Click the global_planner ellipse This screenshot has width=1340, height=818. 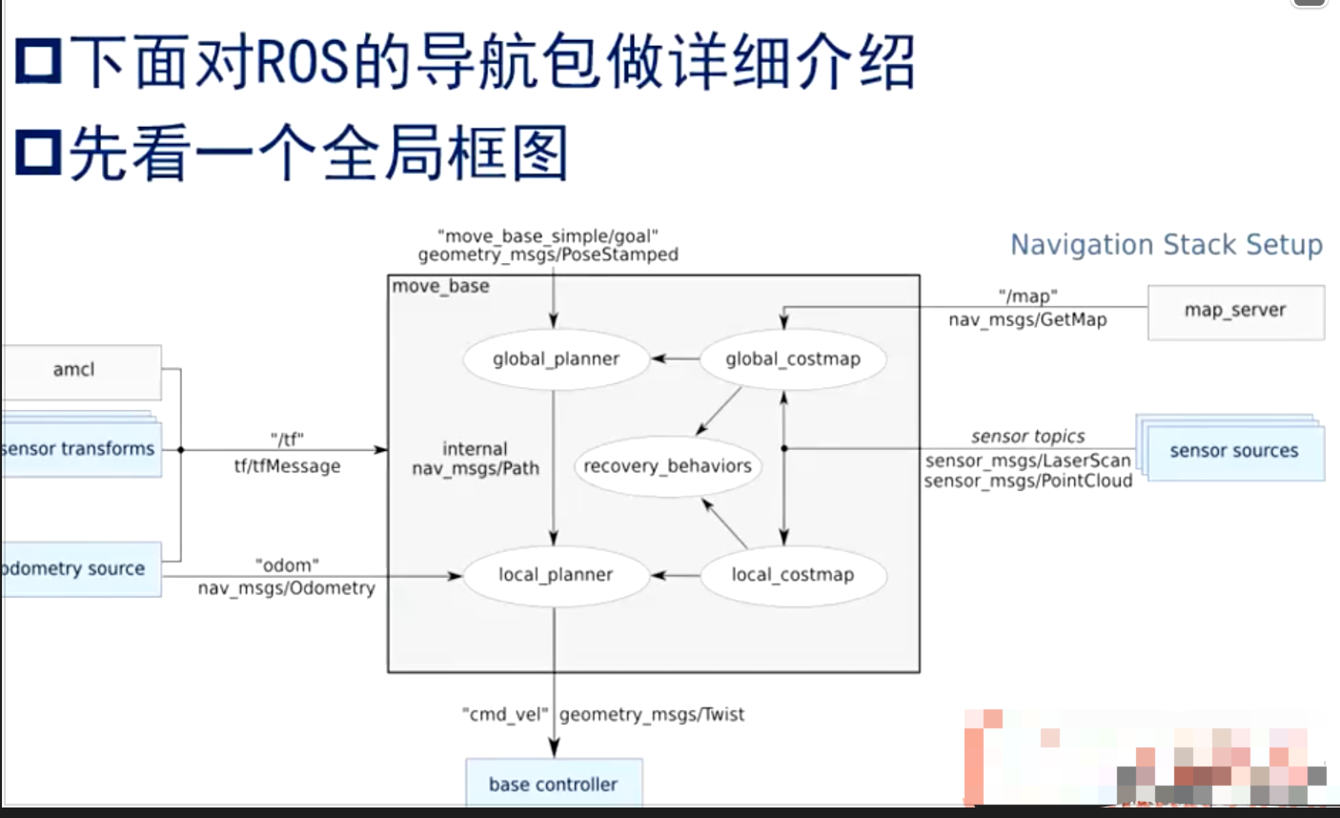click(556, 359)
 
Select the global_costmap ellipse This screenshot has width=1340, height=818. click(792, 359)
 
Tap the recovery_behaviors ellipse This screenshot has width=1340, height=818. click(667, 466)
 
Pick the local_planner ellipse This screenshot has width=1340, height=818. click(556, 575)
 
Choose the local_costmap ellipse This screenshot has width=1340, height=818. click(792, 575)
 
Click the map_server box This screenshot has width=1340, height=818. click(1235, 311)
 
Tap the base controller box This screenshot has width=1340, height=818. click(553, 784)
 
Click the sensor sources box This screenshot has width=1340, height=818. click(1234, 451)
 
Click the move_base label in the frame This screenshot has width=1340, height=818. click(440, 286)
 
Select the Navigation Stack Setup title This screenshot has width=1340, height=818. click(1166, 245)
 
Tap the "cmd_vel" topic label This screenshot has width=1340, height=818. click(505, 714)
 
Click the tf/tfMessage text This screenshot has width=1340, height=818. click(287, 466)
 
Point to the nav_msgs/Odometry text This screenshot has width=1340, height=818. click(287, 588)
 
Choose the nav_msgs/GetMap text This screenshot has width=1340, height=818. click(1027, 320)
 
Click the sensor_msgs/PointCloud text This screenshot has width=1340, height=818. click(1027, 481)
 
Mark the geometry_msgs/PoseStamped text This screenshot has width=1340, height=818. click(548, 255)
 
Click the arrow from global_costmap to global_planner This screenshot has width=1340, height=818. click(675, 359)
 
